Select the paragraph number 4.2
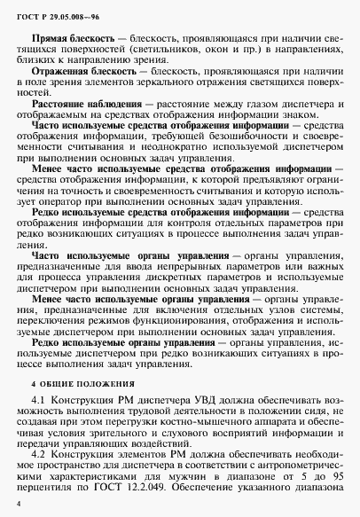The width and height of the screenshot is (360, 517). pyautogui.click(x=39, y=452)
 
